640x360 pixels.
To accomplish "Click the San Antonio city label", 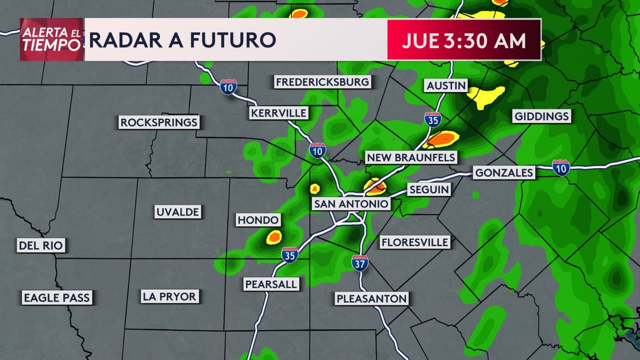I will coord(350,204).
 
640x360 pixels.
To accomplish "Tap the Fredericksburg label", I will coord(322,81).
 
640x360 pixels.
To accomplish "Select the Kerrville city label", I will coord(278,113).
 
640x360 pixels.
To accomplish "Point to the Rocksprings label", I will coord(159,122).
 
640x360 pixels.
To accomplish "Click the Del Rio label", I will coord(41,245).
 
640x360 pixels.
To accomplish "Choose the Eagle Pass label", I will coord(56,298).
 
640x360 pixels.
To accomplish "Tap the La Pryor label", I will coord(169,296).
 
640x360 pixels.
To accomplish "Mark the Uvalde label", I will coord(177,212).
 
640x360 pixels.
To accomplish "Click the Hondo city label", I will coord(258,220).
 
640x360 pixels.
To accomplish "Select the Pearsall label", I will coord(271,284).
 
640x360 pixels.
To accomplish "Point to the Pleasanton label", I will coord(372,299).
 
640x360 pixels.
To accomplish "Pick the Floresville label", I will coord(414,242).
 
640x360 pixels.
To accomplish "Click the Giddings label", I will coord(541,116).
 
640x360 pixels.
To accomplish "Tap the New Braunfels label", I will coord(411,157).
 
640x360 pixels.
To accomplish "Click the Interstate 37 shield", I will coord(360,263).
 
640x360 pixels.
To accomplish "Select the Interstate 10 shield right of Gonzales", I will coord(561,167).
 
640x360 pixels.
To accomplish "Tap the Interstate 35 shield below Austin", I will coord(433,119).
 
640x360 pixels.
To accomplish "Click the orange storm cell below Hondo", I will coord(274,237).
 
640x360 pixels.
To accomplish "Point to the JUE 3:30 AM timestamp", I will coord(463,40).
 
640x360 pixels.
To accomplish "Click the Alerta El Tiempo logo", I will coord(51,39).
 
